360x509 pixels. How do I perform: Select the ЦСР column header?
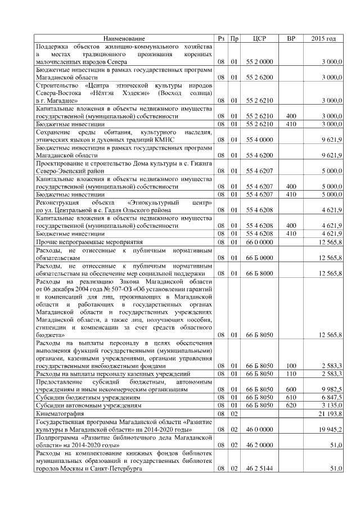point(259,38)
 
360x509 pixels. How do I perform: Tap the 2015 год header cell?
point(323,38)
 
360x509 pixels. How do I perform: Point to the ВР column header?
point(291,38)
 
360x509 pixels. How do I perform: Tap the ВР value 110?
point(291,373)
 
